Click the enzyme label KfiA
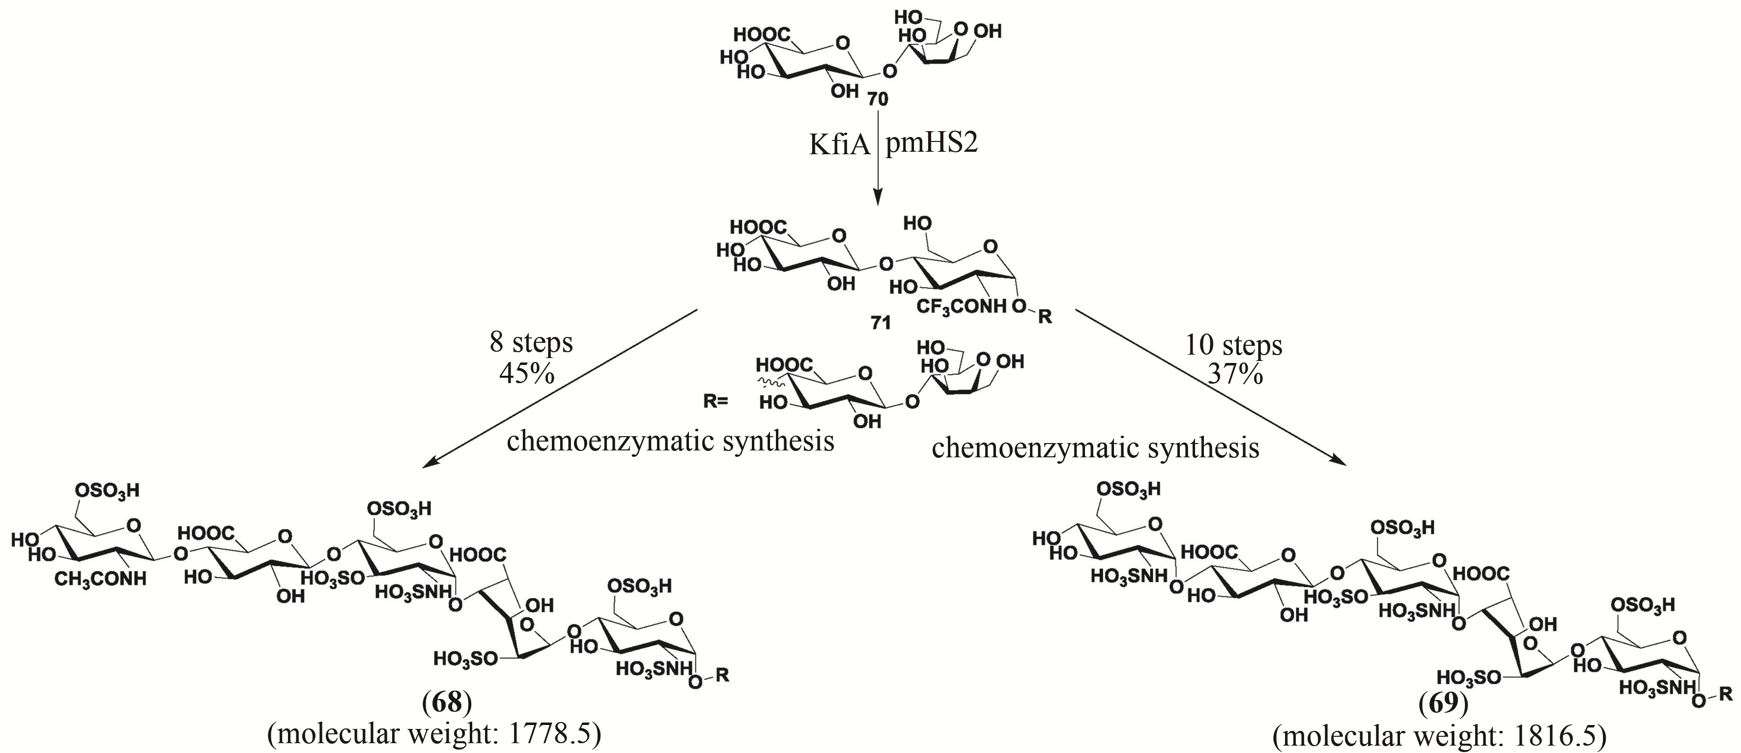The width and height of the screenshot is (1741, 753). click(839, 144)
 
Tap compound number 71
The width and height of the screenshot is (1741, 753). click(880, 323)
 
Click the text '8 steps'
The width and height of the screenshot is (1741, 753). click(531, 342)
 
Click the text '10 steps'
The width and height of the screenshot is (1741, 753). click(1233, 345)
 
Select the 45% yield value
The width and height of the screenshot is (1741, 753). click(527, 372)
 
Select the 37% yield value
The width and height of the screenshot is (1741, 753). click(1235, 374)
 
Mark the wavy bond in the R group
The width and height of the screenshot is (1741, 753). click(771, 382)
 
